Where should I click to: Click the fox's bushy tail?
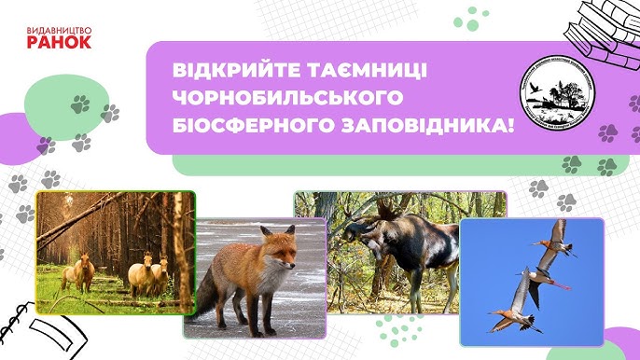click(213, 293)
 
